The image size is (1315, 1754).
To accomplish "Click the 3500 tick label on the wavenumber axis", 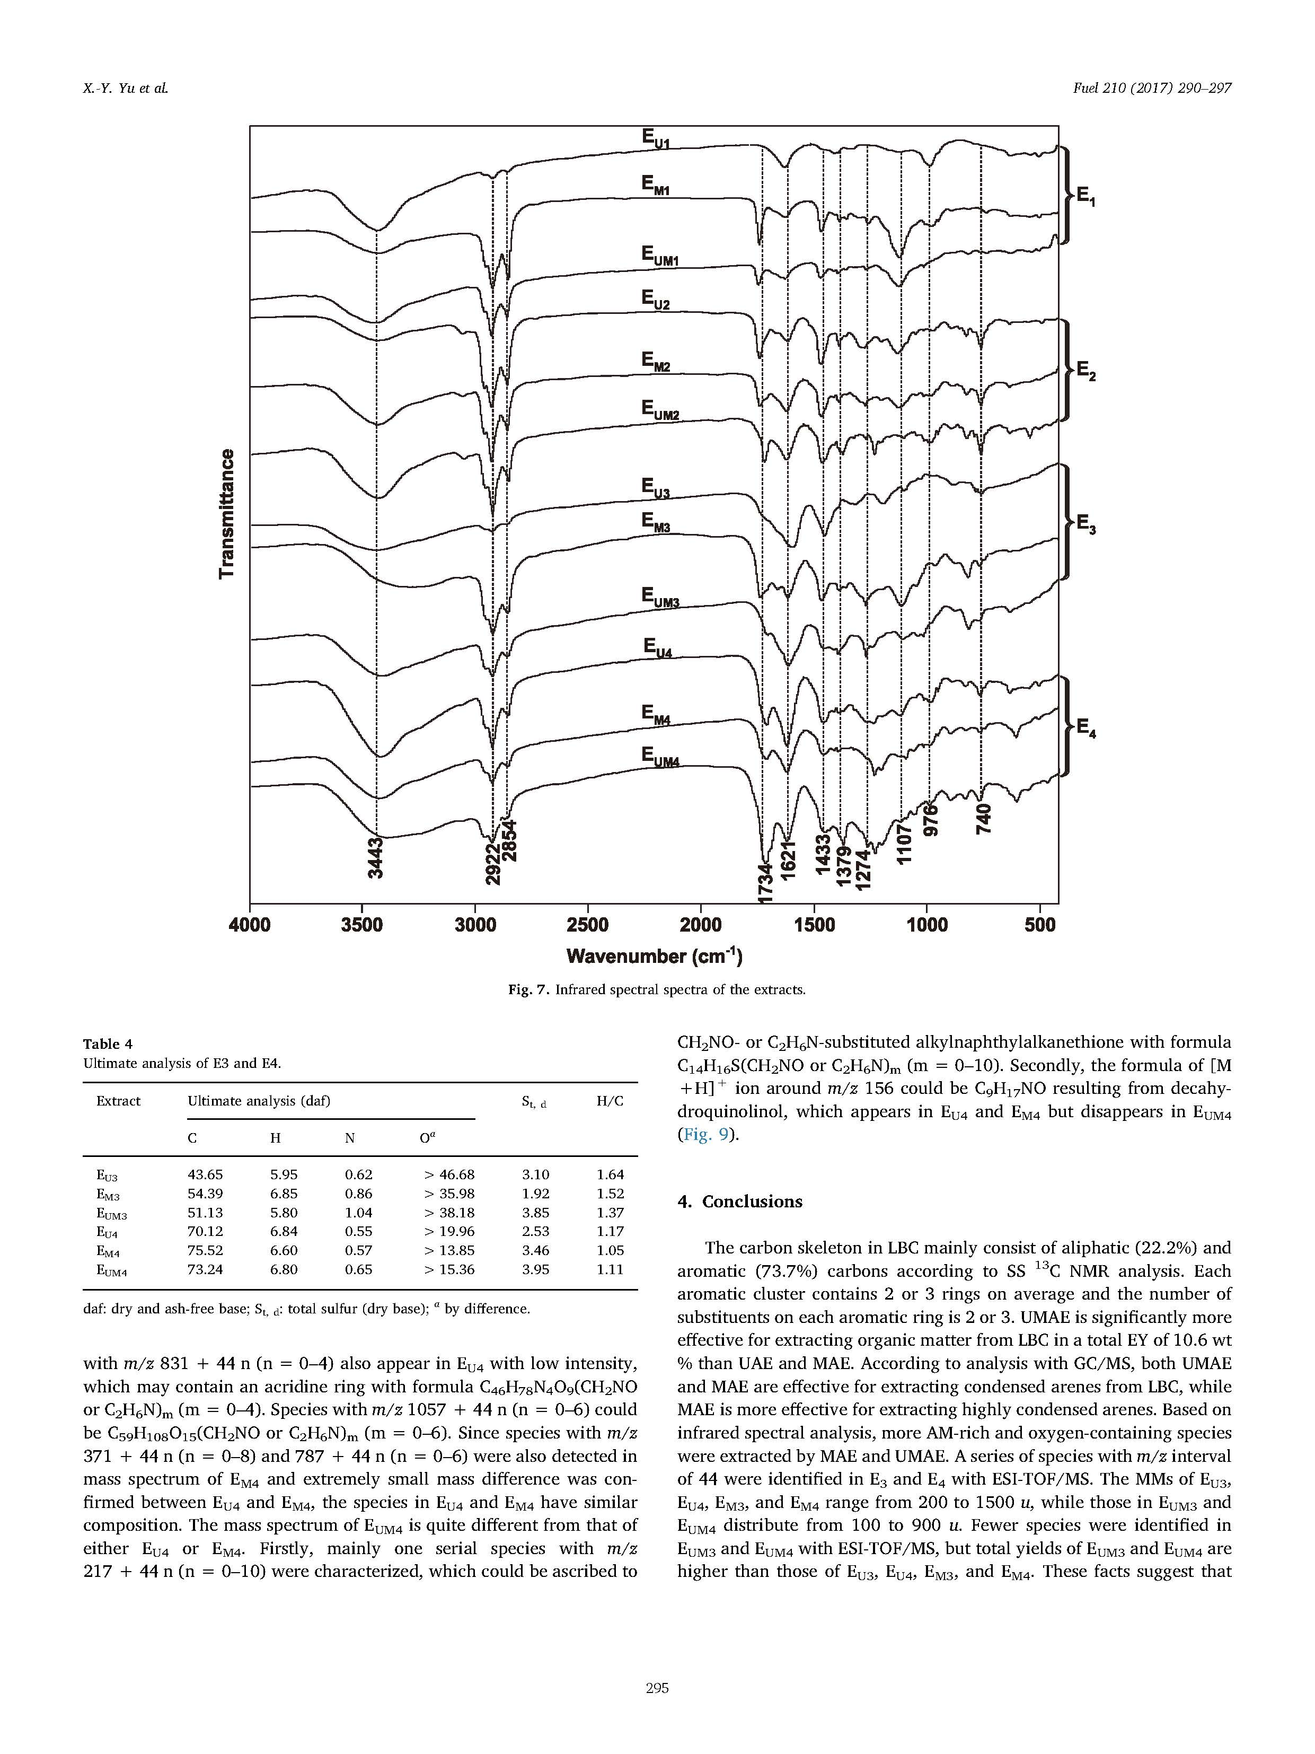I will click(361, 925).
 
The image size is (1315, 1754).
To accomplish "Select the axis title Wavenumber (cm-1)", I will click(655, 957).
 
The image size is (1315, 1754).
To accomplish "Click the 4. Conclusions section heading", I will click(739, 1202).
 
